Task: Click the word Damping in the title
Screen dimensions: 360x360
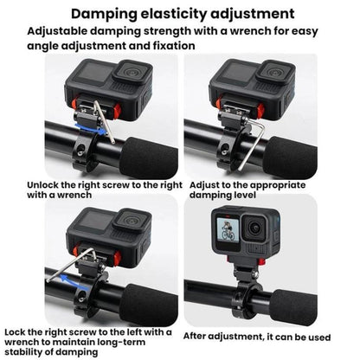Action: click(107, 14)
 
